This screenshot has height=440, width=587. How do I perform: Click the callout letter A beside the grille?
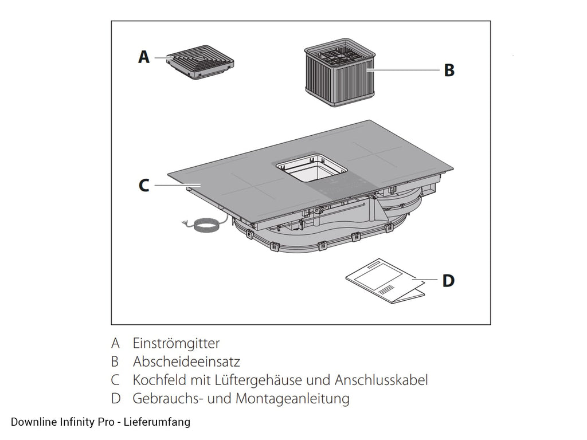pos(144,57)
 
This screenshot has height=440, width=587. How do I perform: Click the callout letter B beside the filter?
pos(449,70)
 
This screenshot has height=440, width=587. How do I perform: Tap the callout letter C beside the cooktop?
pos(144,186)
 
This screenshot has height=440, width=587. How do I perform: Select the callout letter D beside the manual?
pos(448,281)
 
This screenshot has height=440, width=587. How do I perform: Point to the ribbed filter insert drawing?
pos(339,72)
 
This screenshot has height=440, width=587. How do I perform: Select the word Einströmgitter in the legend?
pos(176,343)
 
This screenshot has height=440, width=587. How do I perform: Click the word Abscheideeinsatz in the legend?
pos(186,362)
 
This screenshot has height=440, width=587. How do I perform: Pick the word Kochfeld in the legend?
pos(160,380)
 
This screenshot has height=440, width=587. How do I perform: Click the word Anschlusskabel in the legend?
pos(381,380)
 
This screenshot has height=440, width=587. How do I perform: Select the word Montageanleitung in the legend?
pos(292,399)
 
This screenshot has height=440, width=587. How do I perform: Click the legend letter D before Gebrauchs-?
pos(116,399)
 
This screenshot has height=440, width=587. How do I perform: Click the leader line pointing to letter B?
pos(403,70)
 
